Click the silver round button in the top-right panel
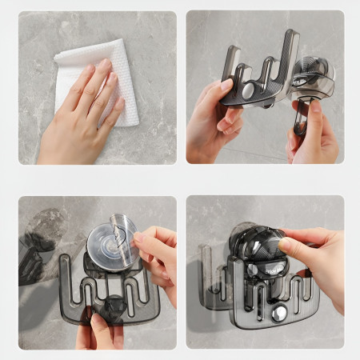pos(250,92)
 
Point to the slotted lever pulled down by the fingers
pos(302,120)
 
